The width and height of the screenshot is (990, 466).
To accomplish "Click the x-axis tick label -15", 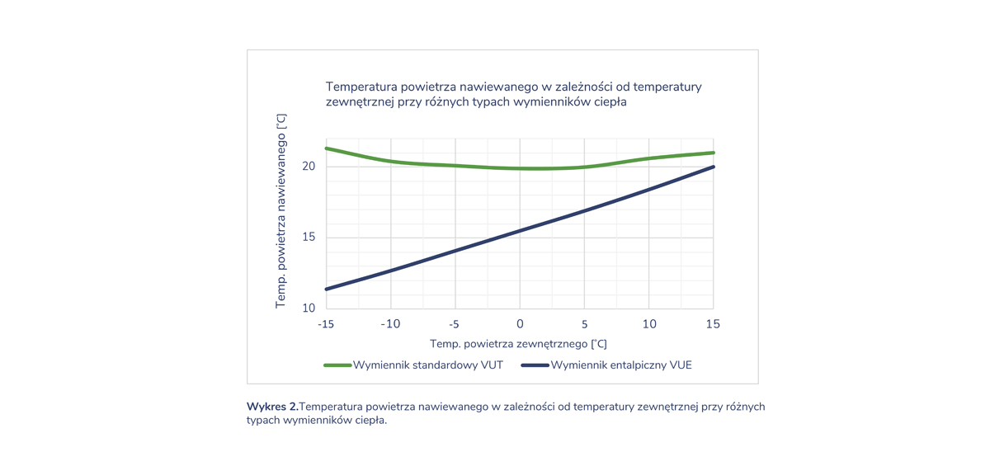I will coord(326,324).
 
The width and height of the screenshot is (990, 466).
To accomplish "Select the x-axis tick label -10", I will coord(390,324).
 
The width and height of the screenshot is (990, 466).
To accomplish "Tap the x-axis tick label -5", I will coord(455,324).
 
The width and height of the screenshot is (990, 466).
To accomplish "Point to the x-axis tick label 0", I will coord(520,324).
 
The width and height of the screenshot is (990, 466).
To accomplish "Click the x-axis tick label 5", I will coord(584,324).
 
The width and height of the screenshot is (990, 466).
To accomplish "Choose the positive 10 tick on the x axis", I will coord(649,324).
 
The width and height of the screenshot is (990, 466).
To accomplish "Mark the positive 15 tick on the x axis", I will coord(713,324).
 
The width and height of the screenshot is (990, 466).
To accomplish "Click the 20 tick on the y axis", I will coord(309,167).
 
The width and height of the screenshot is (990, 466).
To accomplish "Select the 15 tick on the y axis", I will coord(309,238).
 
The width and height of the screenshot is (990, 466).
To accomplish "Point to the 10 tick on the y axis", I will coord(309,308).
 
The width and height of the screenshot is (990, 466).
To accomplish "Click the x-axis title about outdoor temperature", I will coord(518,343).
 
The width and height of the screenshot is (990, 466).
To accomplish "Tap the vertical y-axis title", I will coord(280,211).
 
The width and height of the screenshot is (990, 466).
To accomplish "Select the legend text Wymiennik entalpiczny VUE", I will coord(621,365).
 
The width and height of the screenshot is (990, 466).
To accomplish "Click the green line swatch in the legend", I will coord(337,365).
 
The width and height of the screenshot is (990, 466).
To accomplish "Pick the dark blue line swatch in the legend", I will coord(535,365).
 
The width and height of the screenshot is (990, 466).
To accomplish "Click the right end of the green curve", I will coord(713,153).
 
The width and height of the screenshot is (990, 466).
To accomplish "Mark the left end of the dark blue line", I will coord(327,289).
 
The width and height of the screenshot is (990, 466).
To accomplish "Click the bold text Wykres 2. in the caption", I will coord(272,407).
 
